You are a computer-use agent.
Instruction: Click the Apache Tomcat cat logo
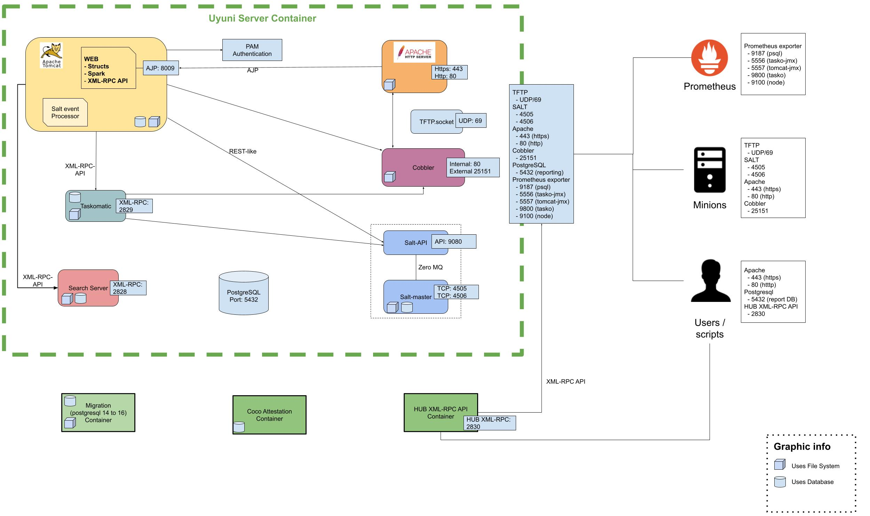tap(52, 55)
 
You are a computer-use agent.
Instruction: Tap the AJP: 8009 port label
tap(160, 68)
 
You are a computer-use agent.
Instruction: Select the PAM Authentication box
tap(252, 50)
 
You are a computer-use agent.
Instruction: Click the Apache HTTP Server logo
tap(414, 52)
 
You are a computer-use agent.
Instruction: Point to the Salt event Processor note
tap(65, 112)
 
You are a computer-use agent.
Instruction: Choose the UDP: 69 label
tap(470, 121)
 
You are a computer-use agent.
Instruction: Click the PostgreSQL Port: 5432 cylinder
tap(244, 293)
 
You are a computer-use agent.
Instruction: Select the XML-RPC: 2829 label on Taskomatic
tap(134, 206)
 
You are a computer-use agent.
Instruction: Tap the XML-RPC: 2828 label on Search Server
tap(128, 288)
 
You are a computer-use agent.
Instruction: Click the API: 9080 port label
tap(453, 242)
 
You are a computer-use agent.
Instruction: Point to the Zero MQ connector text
tap(430, 267)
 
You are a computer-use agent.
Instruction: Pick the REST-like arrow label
tap(243, 151)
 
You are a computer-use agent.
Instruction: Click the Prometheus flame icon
tap(709, 58)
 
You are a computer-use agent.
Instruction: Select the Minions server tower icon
tap(710, 170)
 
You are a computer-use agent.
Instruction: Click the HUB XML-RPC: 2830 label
tap(490, 423)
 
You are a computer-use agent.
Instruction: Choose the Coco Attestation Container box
tap(269, 415)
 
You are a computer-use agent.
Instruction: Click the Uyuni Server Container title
tap(262, 18)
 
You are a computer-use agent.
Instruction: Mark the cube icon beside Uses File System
tap(780, 465)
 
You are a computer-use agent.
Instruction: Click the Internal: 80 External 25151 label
tap(473, 167)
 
